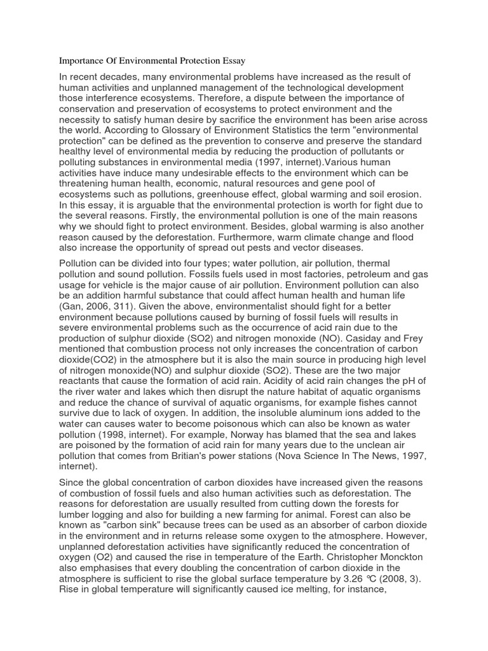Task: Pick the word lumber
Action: point(78,525)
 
